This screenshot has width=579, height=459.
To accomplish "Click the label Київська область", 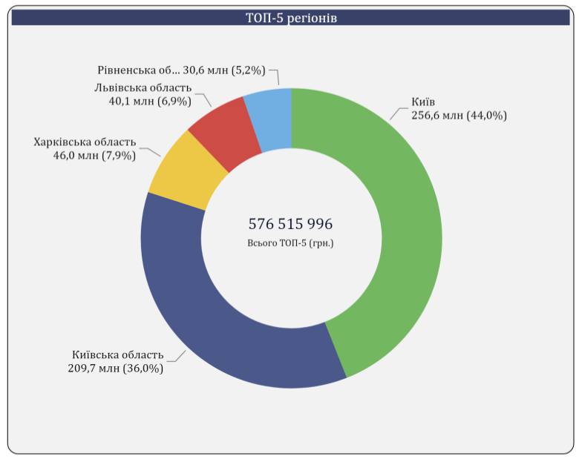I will click(x=118, y=354).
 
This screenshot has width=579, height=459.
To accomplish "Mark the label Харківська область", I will click(x=85, y=142).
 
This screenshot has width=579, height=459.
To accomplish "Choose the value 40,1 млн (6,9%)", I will click(x=149, y=102).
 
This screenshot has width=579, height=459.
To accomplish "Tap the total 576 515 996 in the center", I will click(x=290, y=223).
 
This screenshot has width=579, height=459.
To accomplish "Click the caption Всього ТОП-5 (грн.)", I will click(x=290, y=242).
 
